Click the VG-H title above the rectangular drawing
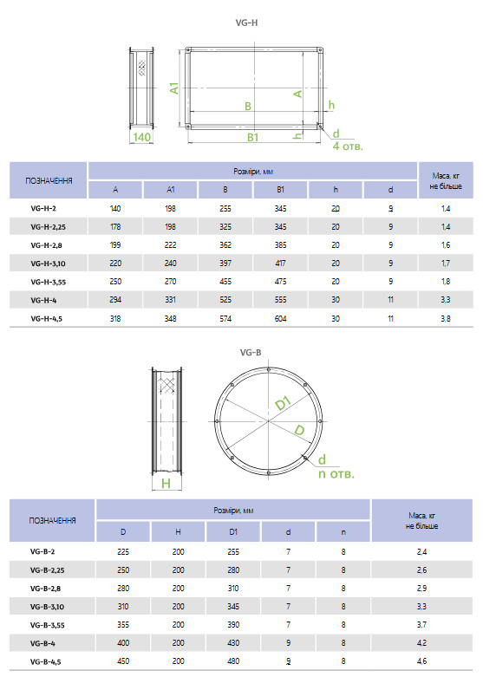[246, 23]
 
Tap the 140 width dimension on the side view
[141, 137]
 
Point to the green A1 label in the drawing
[173, 88]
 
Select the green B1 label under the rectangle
[252, 137]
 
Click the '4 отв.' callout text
[348, 146]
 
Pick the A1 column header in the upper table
[171, 190]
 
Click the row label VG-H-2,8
[46, 245]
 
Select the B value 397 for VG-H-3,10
[225, 264]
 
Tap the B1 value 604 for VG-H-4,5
[280, 319]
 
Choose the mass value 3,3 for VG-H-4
[446, 300]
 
